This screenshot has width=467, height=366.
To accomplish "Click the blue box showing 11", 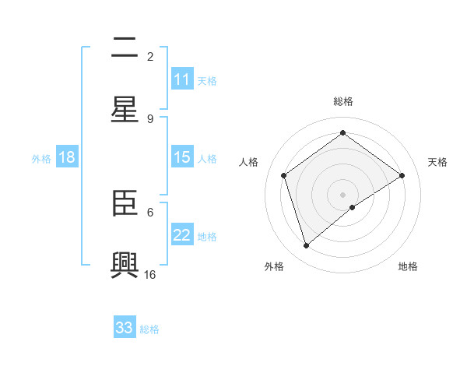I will coord(182,79).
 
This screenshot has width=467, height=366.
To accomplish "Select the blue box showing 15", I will coord(182,157).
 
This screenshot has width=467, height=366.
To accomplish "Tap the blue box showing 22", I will coord(182,235).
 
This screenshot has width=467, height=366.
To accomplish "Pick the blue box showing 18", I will coord(67,157).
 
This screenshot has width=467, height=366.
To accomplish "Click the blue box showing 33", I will coord(125,328).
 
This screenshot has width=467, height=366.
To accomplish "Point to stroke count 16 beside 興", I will coord(150,274).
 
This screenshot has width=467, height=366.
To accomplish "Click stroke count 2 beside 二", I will coord(150,56).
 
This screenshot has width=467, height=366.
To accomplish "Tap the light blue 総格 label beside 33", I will coord(150,329).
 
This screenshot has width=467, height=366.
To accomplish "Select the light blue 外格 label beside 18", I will coord(41,158).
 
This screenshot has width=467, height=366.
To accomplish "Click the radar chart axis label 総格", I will coord(343,101).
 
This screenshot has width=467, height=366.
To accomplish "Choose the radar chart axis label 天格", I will coord(437,162).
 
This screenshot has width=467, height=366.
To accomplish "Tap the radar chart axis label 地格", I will coord(408,266).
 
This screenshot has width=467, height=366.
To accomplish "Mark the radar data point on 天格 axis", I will coord(402,175).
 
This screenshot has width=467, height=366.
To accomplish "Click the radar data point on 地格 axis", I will coord(353,207).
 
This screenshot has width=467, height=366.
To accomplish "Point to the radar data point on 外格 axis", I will coord(306,246).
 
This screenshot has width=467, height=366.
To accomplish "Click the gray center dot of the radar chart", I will coord(343,194).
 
